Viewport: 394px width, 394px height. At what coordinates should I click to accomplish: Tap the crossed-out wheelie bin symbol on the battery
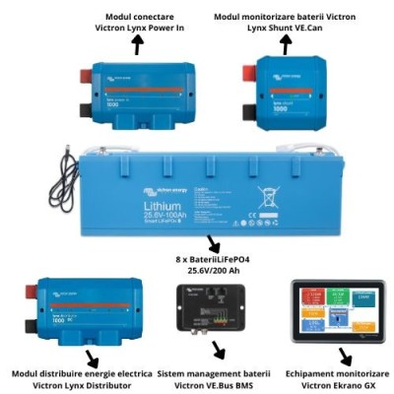[x=265, y=194]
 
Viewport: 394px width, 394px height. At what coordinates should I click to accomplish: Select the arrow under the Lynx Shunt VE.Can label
[x=286, y=44]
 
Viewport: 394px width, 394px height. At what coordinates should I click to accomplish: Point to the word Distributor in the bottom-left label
[x=115, y=386]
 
